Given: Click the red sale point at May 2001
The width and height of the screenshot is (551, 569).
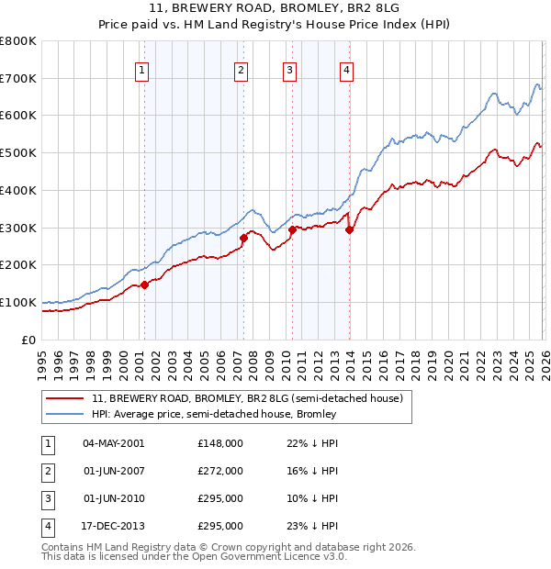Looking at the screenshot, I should point(144,284).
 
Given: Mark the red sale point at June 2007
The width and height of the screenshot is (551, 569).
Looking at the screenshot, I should point(243,238).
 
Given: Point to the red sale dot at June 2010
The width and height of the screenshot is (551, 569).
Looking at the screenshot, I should point(292,229).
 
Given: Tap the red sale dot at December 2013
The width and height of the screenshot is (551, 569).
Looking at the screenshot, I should point(349,229).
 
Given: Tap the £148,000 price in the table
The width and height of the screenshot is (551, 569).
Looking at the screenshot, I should point(220,443).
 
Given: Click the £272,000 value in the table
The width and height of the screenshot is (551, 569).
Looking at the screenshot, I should point(220,471).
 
